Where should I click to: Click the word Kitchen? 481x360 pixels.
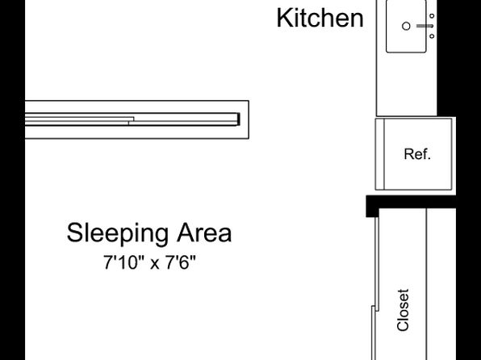pos(320,18)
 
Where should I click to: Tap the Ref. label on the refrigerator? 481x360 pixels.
pos(417,154)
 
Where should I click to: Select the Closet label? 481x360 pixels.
pos(403,310)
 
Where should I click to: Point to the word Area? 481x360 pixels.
pos(204,232)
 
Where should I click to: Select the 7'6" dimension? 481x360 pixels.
pos(181,262)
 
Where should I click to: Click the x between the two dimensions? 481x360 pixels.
pos(155,264)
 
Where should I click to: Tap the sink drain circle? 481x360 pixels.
pos(406,26)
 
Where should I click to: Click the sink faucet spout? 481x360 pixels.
pos(425,26)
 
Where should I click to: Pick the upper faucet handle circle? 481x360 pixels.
pos(432,15)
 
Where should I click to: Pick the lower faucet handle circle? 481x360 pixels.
pos(432,36)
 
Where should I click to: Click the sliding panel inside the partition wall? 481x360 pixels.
pos(132,119)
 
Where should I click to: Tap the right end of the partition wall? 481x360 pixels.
pos(249,119)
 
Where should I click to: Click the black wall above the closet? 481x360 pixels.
pos(411,202)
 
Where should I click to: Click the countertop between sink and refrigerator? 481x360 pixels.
pos(407,85)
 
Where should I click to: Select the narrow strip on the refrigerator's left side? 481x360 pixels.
pos(380,154)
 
